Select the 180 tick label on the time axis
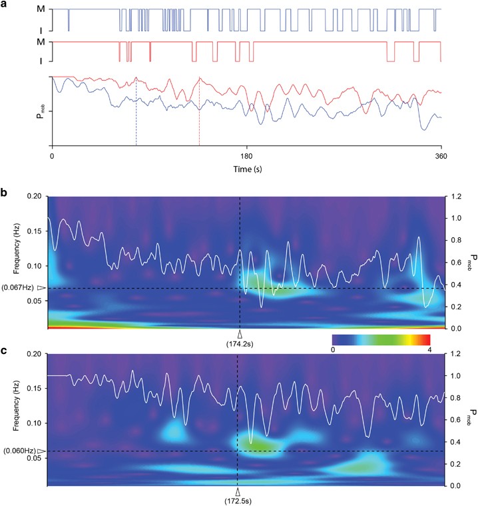click(247, 156)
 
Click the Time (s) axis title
click(247, 169)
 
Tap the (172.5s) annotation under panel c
click(238, 499)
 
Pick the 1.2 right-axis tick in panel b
click(455, 197)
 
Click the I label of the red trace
click(41, 61)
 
